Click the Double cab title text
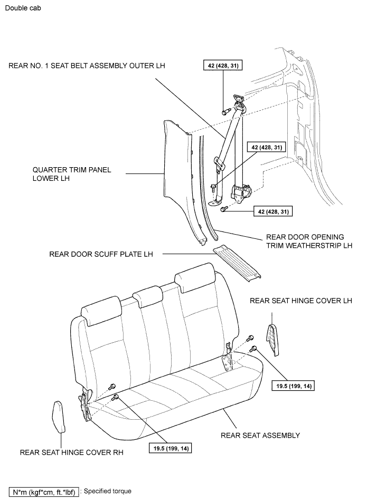(22, 9)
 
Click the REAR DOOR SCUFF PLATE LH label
(101, 254)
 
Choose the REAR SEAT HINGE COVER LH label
(300, 301)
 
